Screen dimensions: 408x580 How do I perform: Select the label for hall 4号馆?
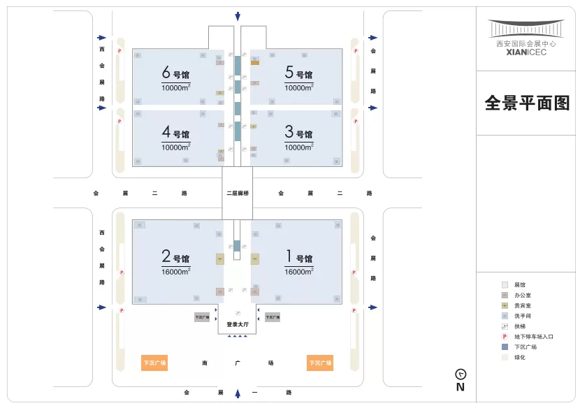pyautogui.click(x=175, y=133)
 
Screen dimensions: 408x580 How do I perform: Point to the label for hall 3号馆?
pyautogui.click(x=298, y=133)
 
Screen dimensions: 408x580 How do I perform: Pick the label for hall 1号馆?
pyautogui.click(x=298, y=257)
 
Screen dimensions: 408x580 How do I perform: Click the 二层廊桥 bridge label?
pyautogui.click(x=238, y=193)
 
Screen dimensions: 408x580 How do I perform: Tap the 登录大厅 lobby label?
pyautogui.click(x=238, y=325)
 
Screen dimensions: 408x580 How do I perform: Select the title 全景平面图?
pyautogui.click(x=528, y=103)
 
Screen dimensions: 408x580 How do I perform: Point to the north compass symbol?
pyautogui.click(x=461, y=374)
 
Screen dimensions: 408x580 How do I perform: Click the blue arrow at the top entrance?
pyautogui.click(x=238, y=16)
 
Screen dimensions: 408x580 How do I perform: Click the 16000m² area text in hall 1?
pyautogui.click(x=299, y=271)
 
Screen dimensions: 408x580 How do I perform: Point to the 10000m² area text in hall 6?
pyautogui.click(x=176, y=87)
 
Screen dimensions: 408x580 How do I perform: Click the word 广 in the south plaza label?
pyautogui.click(x=238, y=363)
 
